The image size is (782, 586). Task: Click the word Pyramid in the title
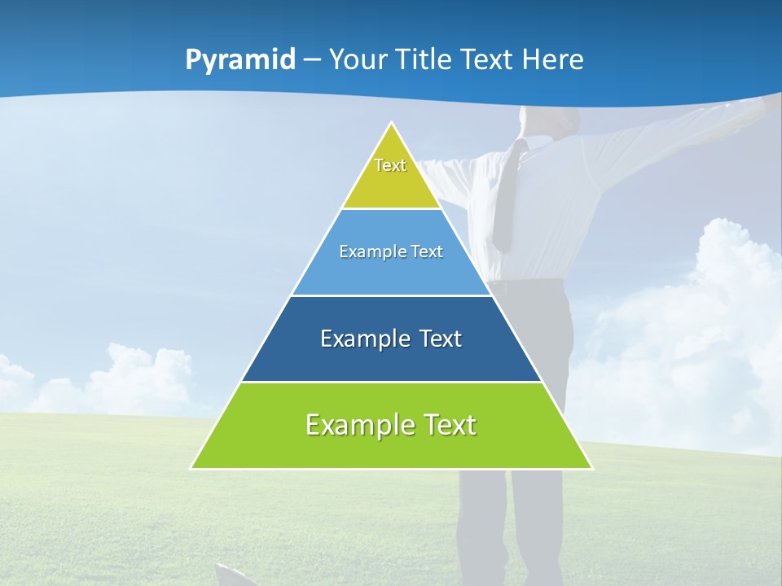click(x=240, y=59)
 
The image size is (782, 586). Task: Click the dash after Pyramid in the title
click(x=312, y=60)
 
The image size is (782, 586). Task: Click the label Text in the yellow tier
click(x=390, y=165)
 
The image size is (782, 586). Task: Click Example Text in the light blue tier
click(x=391, y=251)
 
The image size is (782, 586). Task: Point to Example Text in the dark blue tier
click(x=391, y=339)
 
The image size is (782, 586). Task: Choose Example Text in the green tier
click(x=391, y=425)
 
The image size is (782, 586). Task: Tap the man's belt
click(x=525, y=286)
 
